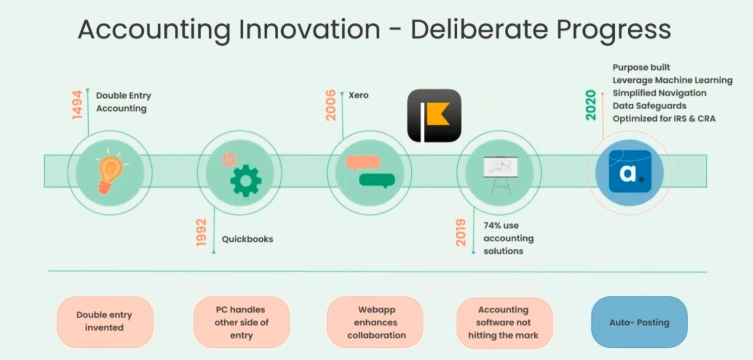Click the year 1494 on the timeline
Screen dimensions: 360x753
point(77,105)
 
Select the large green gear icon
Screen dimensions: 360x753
point(246,181)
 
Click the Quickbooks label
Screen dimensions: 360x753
point(247,239)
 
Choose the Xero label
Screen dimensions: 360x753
point(358,95)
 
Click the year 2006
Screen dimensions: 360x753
point(331,105)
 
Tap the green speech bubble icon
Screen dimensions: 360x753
point(377,180)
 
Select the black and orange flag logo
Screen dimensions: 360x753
point(434,116)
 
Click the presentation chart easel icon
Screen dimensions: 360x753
point(500,174)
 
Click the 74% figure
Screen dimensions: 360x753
point(494,226)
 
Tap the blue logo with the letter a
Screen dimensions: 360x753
point(630,171)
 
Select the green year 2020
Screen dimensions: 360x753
point(591,105)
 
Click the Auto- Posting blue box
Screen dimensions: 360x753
point(639,322)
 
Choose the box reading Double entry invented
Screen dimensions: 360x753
point(104,322)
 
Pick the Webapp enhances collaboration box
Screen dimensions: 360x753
point(376,322)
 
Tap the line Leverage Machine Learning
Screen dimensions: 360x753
point(672,80)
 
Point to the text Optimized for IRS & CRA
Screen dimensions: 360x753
point(664,118)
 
